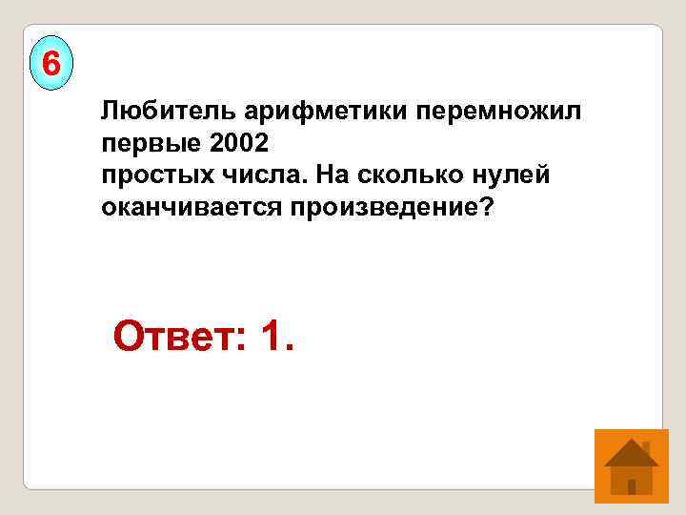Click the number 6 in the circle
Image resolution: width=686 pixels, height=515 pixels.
click(51, 65)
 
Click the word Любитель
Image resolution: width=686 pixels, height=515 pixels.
click(153, 113)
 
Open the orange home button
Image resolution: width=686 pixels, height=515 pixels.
click(630, 465)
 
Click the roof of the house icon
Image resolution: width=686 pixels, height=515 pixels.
click(630, 452)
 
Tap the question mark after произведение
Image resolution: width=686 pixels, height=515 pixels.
click(489, 207)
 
